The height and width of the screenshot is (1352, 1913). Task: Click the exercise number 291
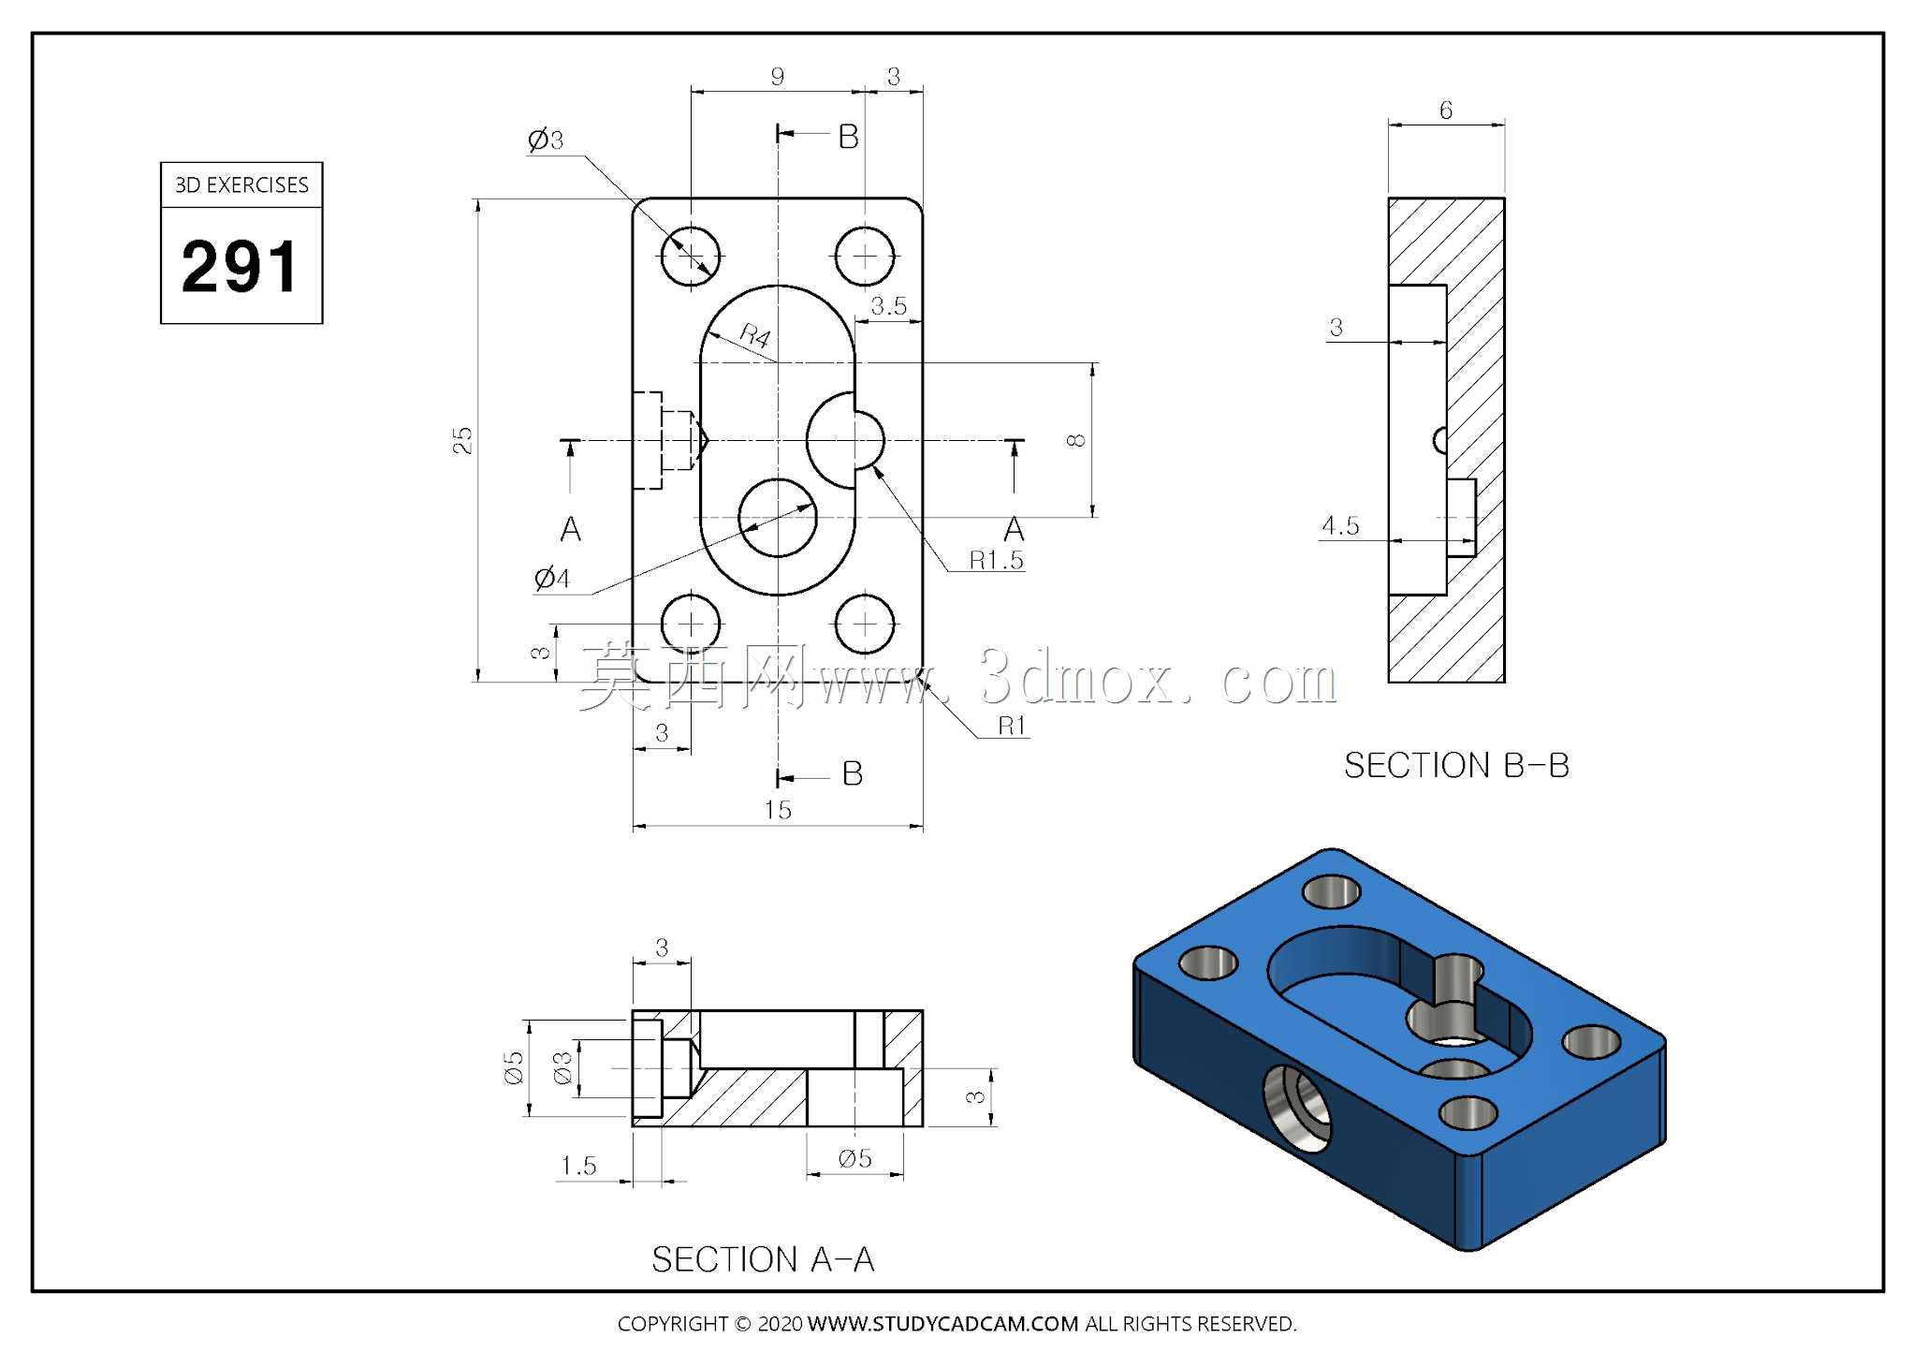coord(241,267)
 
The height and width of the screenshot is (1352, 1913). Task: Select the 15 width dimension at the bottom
coord(778,810)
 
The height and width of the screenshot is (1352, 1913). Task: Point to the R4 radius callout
coord(755,335)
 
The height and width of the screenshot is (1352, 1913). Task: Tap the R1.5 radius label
coord(996,560)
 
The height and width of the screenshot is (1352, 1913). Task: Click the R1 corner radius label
coord(1012,726)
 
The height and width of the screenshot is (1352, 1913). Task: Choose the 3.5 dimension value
coord(888,306)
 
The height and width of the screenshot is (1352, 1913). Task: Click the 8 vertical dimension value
coord(1077,440)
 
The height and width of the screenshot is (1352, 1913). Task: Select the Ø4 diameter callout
coord(552,578)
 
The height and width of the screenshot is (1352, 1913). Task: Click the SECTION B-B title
coord(1456,766)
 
